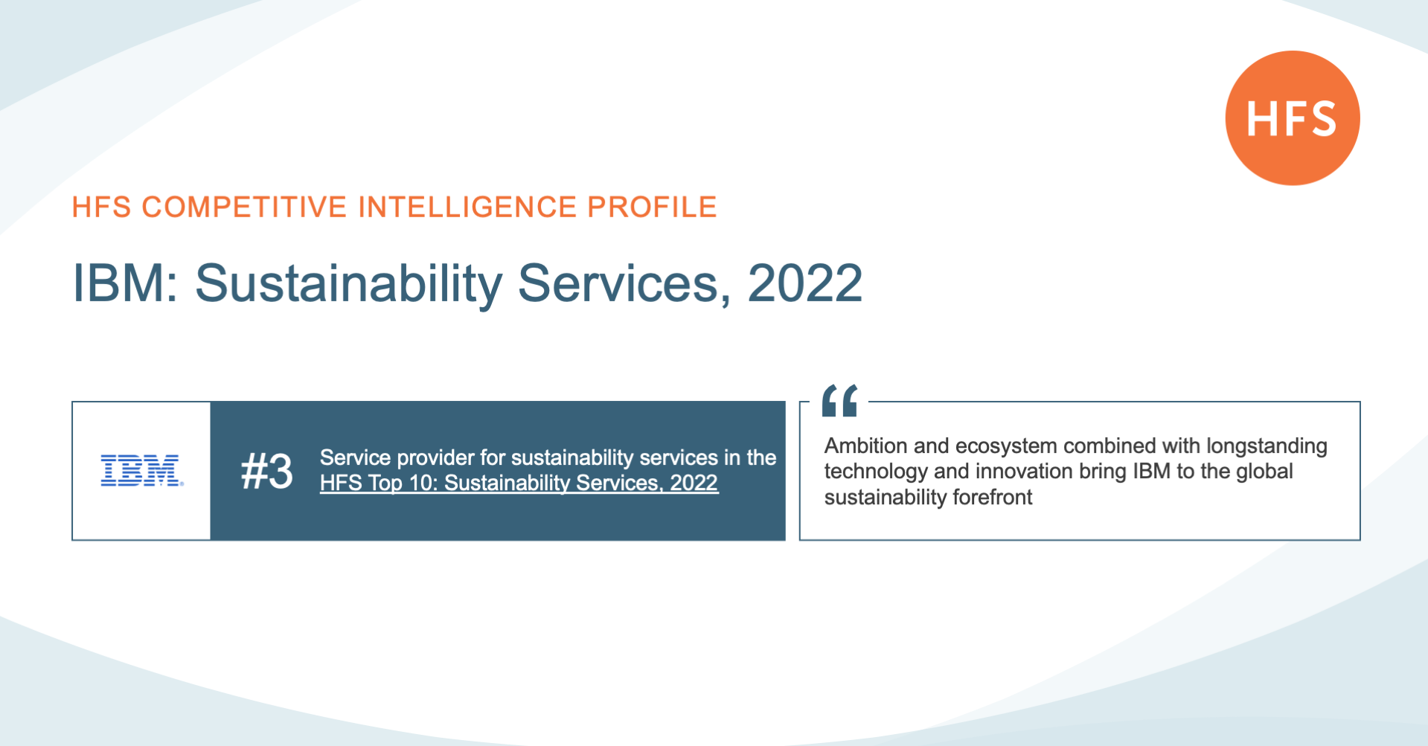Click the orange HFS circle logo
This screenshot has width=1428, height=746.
(1293, 118)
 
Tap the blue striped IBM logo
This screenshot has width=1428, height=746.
(141, 470)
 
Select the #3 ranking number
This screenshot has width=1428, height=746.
(267, 472)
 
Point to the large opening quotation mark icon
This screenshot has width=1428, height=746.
(839, 400)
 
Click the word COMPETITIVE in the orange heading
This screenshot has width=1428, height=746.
(244, 207)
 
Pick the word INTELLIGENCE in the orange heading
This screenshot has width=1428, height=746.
(467, 207)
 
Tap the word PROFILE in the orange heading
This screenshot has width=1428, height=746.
(652, 207)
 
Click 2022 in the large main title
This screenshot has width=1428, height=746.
(804, 283)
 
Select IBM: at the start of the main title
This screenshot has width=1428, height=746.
(125, 283)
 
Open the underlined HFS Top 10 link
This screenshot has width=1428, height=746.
(519, 483)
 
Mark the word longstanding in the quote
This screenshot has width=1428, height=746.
(1267, 446)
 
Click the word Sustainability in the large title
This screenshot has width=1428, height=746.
(349, 285)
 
